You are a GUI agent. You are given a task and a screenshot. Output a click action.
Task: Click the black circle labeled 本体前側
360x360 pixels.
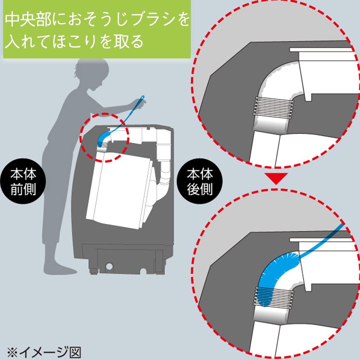coord(23,181)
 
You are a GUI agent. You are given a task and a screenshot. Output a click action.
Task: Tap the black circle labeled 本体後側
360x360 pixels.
coord(200,181)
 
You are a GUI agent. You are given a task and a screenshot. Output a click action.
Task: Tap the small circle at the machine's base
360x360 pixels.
coord(109,266)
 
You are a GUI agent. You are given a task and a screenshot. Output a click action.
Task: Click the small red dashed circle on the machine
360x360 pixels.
coord(104,137)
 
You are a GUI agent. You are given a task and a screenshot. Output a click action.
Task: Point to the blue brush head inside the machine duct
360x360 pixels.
coord(103,139)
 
